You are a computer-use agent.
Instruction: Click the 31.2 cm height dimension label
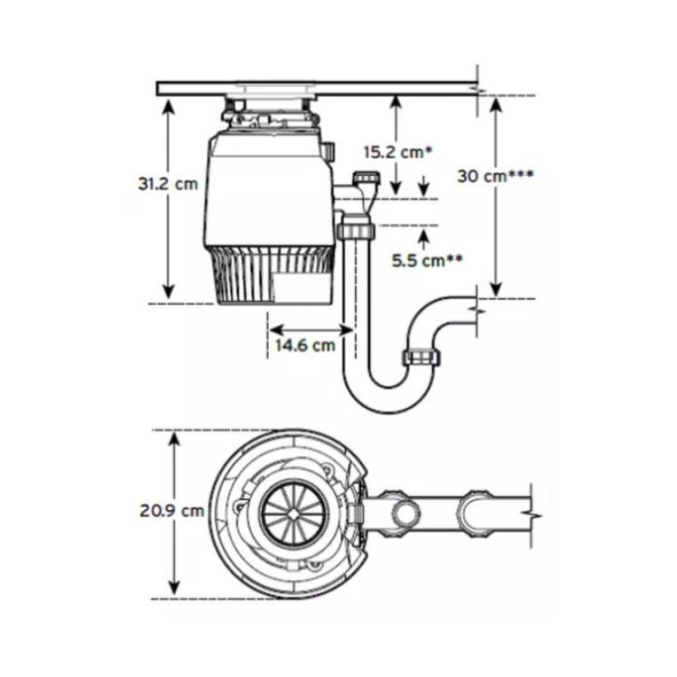tap(168, 183)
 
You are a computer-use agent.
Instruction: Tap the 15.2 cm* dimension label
tap(398, 152)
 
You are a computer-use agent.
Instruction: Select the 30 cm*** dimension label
tap(496, 176)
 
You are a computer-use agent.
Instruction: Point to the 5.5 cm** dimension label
tap(427, 260)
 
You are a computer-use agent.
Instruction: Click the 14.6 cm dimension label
tap(305, 345)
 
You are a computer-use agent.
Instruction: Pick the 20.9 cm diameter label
tap(172, 511)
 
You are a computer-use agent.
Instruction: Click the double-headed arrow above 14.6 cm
tap(311, 330)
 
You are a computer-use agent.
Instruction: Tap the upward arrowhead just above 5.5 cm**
tap(424, 236)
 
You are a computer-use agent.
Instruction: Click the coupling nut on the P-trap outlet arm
tap(422, 357)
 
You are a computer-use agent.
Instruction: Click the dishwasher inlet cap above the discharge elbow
tap(366, 178)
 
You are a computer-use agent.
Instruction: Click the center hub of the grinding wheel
tap(293, 514)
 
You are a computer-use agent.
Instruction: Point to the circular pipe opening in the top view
tap(406, 513)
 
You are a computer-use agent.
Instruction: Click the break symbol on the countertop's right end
tap(479, 91)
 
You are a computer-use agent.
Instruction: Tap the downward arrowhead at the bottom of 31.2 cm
tap(169, 292)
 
